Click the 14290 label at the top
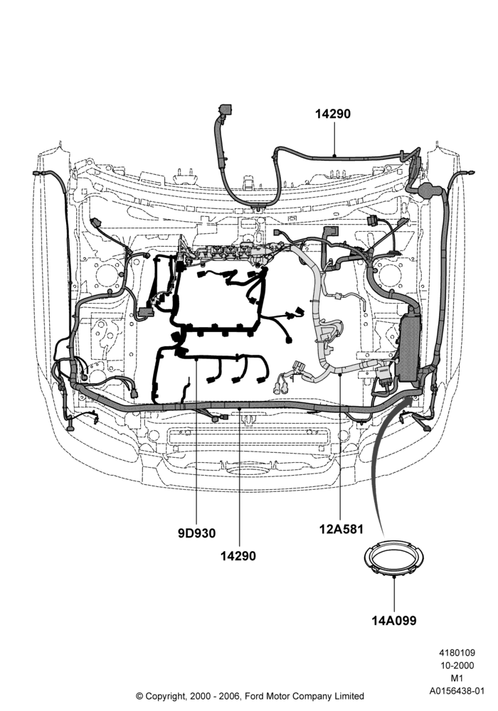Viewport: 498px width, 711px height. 333,114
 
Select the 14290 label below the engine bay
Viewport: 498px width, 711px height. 238,555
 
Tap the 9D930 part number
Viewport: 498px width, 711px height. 196,533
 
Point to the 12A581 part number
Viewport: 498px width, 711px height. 341,529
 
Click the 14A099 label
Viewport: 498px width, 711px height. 393,620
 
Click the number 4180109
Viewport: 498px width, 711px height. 457,653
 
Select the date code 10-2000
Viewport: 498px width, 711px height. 457,665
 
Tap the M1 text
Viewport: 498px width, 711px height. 457,678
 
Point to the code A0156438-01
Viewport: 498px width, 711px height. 457,691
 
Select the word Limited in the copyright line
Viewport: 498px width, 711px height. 349,695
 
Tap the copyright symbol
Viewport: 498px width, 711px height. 139,696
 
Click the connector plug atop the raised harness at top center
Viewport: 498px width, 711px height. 225,110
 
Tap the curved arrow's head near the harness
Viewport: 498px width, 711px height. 410,400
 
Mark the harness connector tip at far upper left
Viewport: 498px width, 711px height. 36,173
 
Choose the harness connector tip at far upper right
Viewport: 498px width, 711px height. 471,173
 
